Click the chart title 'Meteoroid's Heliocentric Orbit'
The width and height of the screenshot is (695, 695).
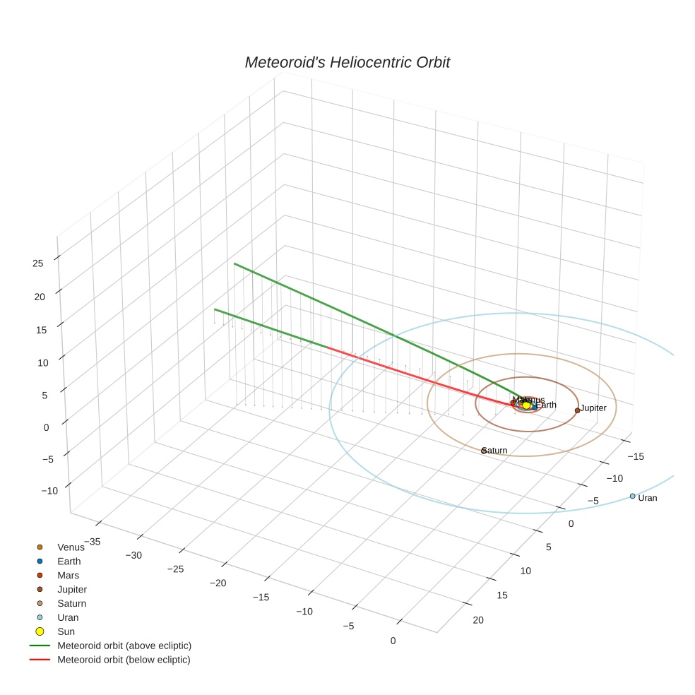click(x=347, y=62)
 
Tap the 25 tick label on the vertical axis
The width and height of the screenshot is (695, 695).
click(x=37, y=263)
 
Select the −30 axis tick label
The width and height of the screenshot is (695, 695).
click(x=133, y=555)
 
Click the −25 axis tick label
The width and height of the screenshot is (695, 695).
click(x=176, y=569)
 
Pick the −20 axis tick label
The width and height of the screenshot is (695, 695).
click(x=218, y=583)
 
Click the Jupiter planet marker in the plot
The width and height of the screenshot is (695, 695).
click(x=577, y=410)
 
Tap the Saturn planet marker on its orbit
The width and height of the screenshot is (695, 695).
click(x=484, y=451)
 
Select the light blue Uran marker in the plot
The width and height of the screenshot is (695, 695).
click(x=632, y=496)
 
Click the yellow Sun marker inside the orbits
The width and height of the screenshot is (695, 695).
click(x=526, y=405)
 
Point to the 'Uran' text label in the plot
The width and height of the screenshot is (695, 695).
click(x=647, y=498)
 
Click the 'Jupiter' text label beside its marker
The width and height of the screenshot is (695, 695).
click(x=593, y=408)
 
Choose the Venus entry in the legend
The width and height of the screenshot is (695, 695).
click(x=71, y=547)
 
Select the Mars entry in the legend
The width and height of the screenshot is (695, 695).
click(x=68, y=576)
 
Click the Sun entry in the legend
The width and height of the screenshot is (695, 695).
click(x=66, y=631)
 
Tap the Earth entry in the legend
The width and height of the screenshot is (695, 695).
click(x=69, y=562)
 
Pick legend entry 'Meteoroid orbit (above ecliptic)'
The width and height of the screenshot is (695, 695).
click(x=124, y=646)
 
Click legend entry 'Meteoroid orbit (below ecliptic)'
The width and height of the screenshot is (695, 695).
click(x=124, y=660)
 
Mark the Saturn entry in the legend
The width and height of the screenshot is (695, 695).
click(x=71, y=603)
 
